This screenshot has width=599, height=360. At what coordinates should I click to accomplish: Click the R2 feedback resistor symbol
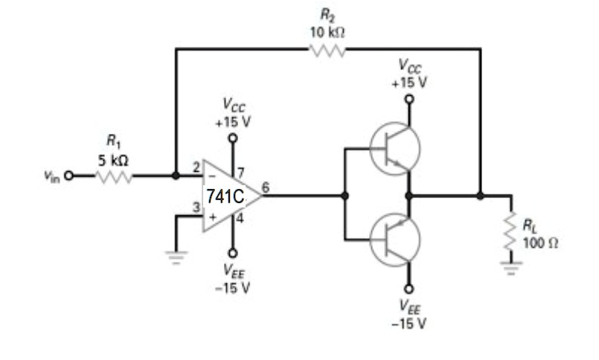tap(327, 50)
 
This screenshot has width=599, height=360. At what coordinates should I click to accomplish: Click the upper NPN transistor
tap(394, 149)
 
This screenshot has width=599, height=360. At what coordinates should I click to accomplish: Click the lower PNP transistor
tap(394, 239)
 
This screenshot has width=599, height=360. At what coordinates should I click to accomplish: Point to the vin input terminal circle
tap(70, 176)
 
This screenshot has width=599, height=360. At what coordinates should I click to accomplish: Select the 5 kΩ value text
tap(112, 159)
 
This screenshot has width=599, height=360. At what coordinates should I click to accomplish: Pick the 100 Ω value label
tap(537, 245)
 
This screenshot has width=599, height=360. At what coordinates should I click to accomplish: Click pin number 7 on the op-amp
tap(241, 173)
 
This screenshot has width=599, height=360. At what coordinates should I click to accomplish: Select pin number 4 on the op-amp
tap(241, 219)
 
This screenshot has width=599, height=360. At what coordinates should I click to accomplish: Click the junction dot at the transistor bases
tap(345, 196)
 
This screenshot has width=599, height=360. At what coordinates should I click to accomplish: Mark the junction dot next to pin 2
tap(176, 176)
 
